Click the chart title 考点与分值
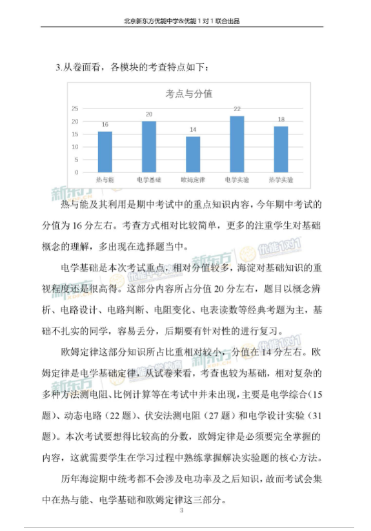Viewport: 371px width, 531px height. (x=190, y=94)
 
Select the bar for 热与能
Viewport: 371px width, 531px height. (x=105, y=152)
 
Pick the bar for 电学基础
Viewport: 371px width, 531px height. (x=149, y=147)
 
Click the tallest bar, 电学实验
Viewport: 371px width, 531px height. (x=237, y=144)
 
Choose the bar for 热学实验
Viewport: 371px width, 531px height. (x=281, y=149)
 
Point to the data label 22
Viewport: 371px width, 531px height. (x=237, y=109)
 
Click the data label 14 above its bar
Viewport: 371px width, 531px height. (x=193, y=130)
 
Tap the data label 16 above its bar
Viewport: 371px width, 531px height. (x=105, y=125)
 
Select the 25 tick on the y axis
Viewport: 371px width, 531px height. (x=75, y=109)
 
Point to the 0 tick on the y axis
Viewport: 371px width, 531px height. (x=77, y=172)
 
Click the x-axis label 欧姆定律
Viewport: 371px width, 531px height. (x=193, y=179)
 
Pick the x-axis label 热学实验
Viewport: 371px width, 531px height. (x=281, y=179)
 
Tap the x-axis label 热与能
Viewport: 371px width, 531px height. (x=105, y=179)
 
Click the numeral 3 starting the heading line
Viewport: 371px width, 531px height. (x=57, y=67)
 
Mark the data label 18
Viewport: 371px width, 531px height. (x=281, y=120)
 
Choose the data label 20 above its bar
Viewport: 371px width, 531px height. (x=149, y=114)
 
